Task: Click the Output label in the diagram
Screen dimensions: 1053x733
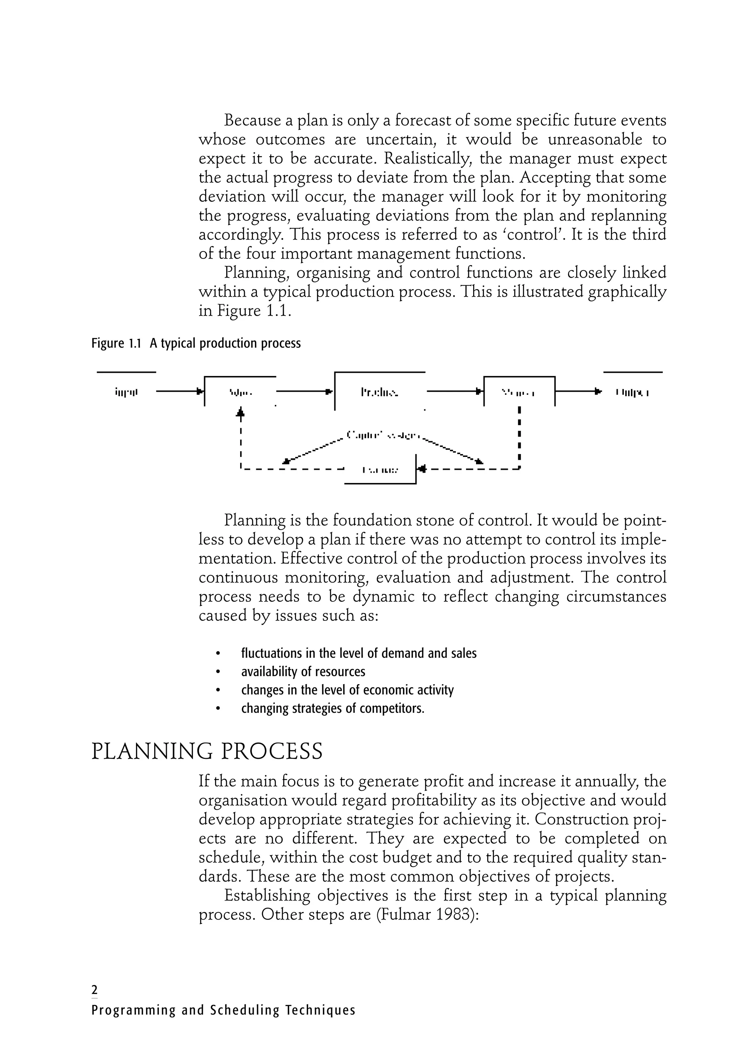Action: (632, 392)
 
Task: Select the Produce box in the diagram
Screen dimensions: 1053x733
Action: (379, 392)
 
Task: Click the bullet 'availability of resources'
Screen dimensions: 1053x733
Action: (303, 672)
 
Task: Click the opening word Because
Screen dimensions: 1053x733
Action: (252, 121)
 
